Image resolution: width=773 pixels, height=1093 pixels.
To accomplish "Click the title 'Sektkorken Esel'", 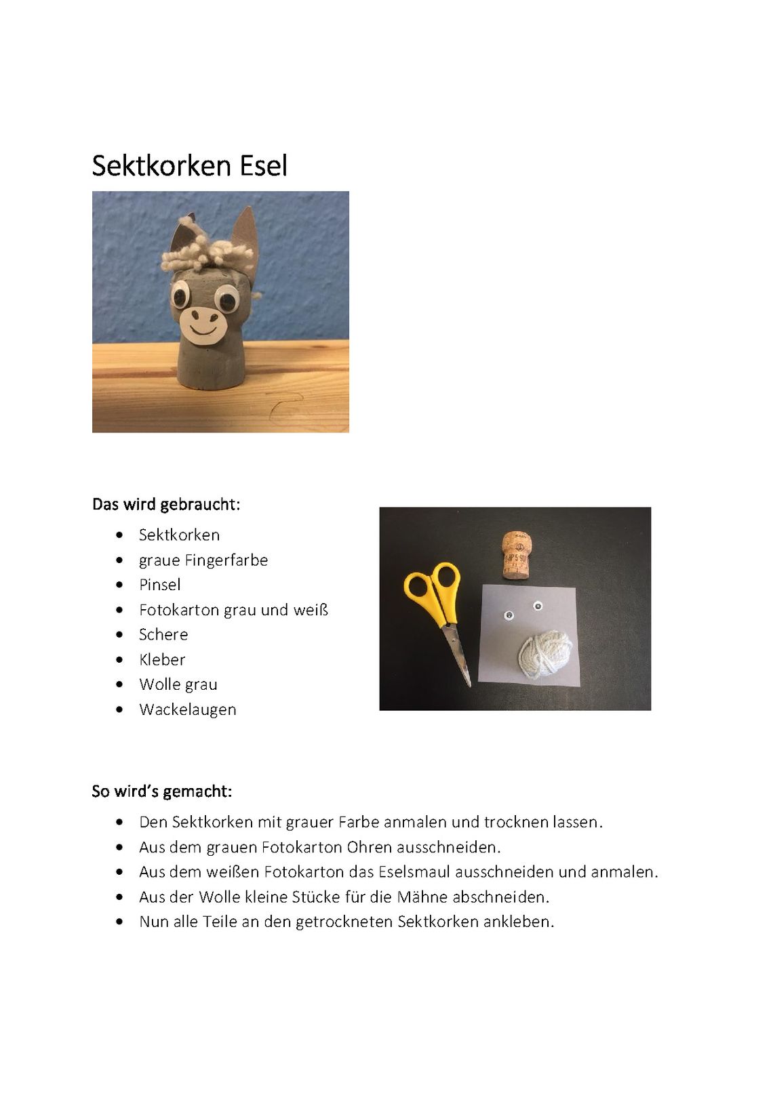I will click(189, 166).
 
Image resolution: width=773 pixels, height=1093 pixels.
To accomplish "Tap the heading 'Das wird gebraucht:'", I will click(166, 505).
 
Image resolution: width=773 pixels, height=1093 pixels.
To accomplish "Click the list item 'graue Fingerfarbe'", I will click(203, 560).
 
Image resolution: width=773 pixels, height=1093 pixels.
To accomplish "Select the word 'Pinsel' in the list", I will click(160, 585).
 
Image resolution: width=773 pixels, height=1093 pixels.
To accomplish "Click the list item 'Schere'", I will click(163, 635).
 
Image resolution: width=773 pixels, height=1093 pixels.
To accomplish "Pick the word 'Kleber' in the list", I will click(162, 660).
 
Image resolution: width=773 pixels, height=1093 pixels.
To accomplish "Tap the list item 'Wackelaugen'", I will click(188, 710).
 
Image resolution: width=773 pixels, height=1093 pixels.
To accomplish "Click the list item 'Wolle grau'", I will click(178, 685).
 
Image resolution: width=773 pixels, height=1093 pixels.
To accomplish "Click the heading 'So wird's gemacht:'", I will click(161, 791).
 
